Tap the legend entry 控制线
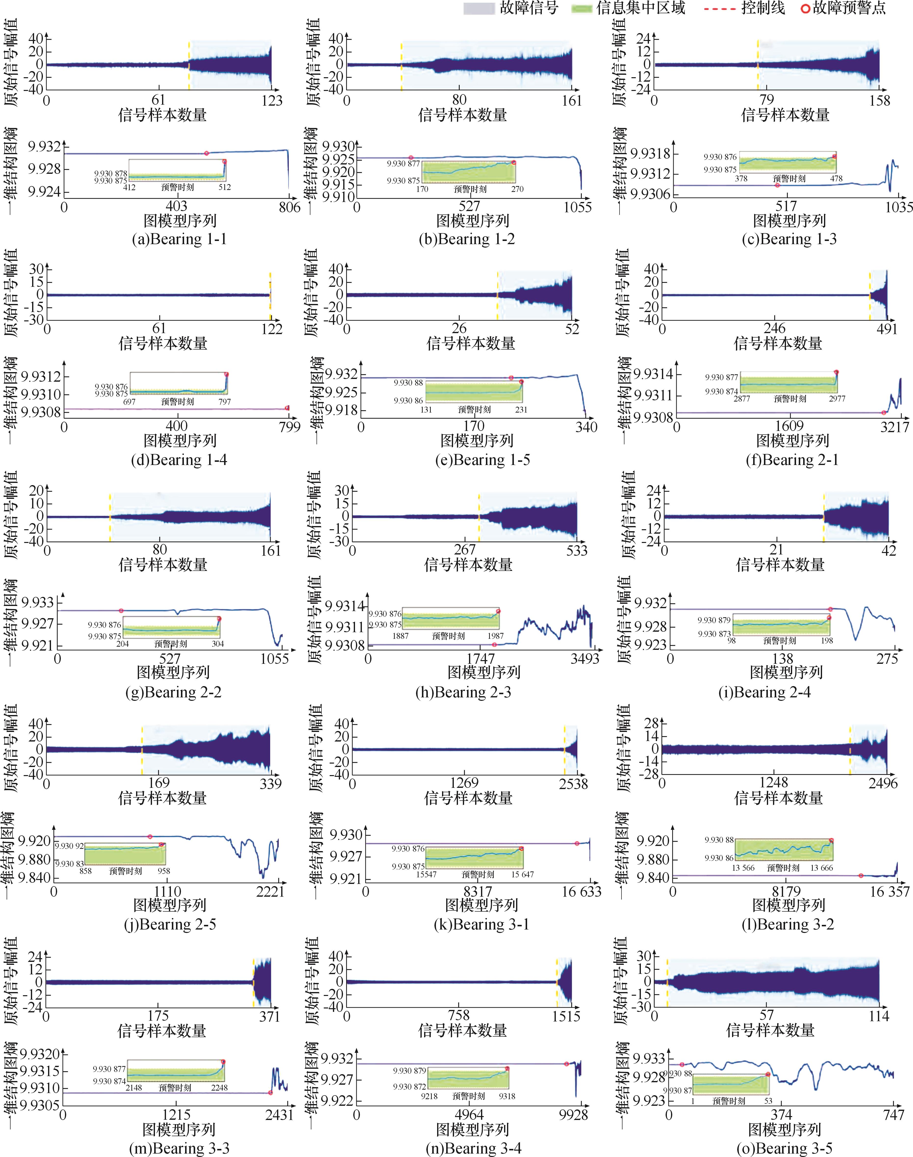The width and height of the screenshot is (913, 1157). (x=763, y=8)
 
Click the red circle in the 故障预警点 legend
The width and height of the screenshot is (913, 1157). (x=805, y=9)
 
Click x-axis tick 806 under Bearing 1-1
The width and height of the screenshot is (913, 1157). (x=289, y=207)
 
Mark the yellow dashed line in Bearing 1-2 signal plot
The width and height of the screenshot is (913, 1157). (x=401, y=65)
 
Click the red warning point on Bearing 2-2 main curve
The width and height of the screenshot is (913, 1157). (x=121, y=610)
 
